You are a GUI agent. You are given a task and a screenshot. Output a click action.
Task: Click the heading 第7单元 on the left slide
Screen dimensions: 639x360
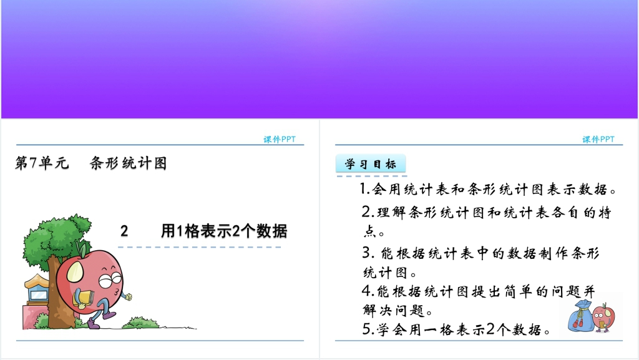42,163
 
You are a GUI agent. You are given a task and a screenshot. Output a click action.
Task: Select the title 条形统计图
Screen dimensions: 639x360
129,163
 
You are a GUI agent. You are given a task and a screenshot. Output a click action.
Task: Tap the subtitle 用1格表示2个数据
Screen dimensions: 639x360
224,231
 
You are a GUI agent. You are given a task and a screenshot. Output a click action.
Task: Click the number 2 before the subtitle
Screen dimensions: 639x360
124,231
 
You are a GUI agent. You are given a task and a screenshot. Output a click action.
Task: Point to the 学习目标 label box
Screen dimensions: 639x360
371,163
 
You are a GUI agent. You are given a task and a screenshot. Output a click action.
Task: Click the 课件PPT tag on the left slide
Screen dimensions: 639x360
279,139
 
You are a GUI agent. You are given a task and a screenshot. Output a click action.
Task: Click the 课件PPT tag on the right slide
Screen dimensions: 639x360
598,139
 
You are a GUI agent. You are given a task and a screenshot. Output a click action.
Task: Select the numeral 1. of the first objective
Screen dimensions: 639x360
364,188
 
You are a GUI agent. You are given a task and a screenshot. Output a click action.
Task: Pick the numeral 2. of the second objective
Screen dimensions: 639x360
368,212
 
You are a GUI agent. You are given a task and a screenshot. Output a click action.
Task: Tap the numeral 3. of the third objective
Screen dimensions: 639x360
368,253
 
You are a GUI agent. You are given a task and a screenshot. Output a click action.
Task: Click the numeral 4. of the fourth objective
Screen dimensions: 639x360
368,291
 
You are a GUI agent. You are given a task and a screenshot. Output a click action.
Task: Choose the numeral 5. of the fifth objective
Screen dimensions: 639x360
368,329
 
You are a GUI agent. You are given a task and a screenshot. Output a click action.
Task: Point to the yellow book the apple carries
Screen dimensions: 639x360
84,298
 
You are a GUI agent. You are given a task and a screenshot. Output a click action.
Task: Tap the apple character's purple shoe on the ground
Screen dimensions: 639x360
94,323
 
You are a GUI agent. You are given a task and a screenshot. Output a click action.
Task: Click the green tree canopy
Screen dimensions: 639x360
57,238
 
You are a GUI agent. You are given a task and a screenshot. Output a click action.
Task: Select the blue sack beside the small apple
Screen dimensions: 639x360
580,316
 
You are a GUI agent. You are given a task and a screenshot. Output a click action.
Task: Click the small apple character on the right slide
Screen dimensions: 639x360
603,315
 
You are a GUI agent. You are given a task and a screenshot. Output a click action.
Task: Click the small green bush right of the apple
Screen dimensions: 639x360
140,323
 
